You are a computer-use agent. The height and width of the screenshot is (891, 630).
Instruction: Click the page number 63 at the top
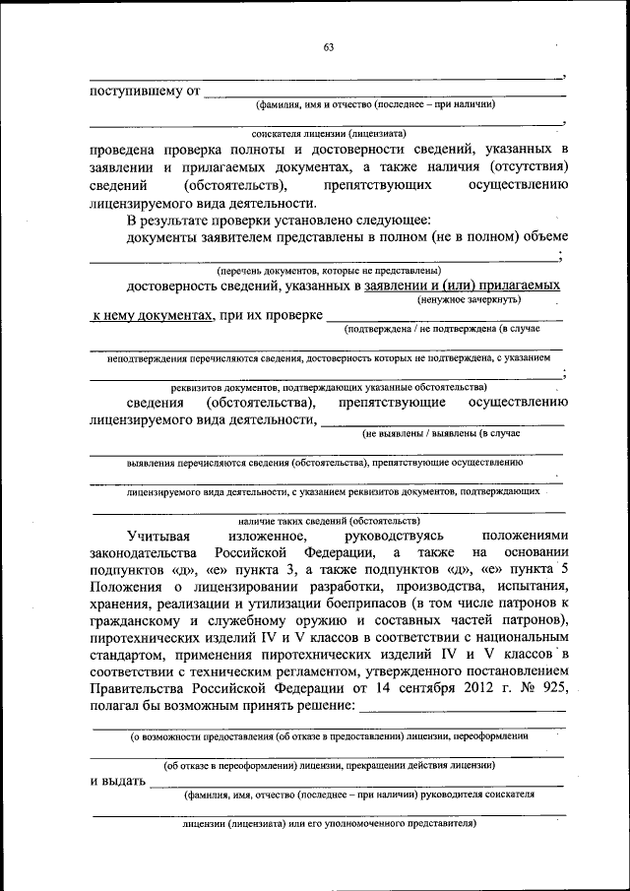(x=328, y=47)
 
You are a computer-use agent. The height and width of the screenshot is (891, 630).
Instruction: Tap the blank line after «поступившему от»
(x=384, y=94)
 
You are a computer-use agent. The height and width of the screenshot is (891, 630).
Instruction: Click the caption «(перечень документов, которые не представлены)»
(x=328, y=270)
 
